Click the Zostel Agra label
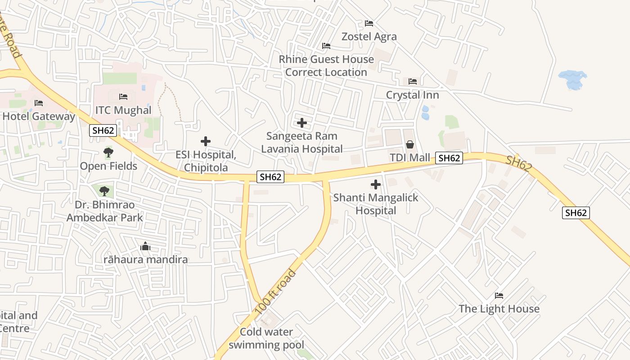point(369,36)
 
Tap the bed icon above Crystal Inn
point(413,81)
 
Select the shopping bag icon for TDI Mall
point(410,144)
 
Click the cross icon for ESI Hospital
point(206,141)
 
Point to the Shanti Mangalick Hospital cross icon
point(375,184)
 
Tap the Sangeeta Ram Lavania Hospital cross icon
point(302,123)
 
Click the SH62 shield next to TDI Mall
point(449,158)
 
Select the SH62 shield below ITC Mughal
point(103,130)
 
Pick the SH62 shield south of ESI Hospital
point(270,177)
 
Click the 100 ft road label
point(275,292)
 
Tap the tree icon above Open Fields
point(108,153)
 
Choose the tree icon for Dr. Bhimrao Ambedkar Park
point(104,191)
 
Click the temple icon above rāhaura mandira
point(145,246)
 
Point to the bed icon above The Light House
point(499,296)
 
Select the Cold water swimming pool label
point(266,338)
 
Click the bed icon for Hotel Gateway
point(39,103)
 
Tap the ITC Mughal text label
point(123,110)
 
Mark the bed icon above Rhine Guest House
point(326,46)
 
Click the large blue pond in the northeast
point(572,79)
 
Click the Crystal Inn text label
point(412,95)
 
